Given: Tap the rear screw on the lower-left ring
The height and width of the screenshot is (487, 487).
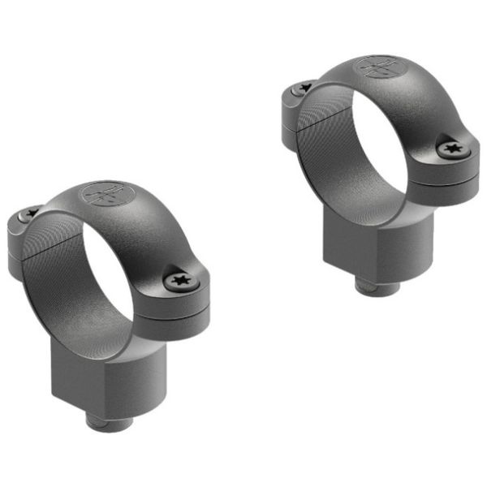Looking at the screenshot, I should point(32,213).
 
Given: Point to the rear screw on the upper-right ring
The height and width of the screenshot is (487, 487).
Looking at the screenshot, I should point(305,87).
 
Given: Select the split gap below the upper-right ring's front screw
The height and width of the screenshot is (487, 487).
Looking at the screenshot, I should point(455,173).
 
